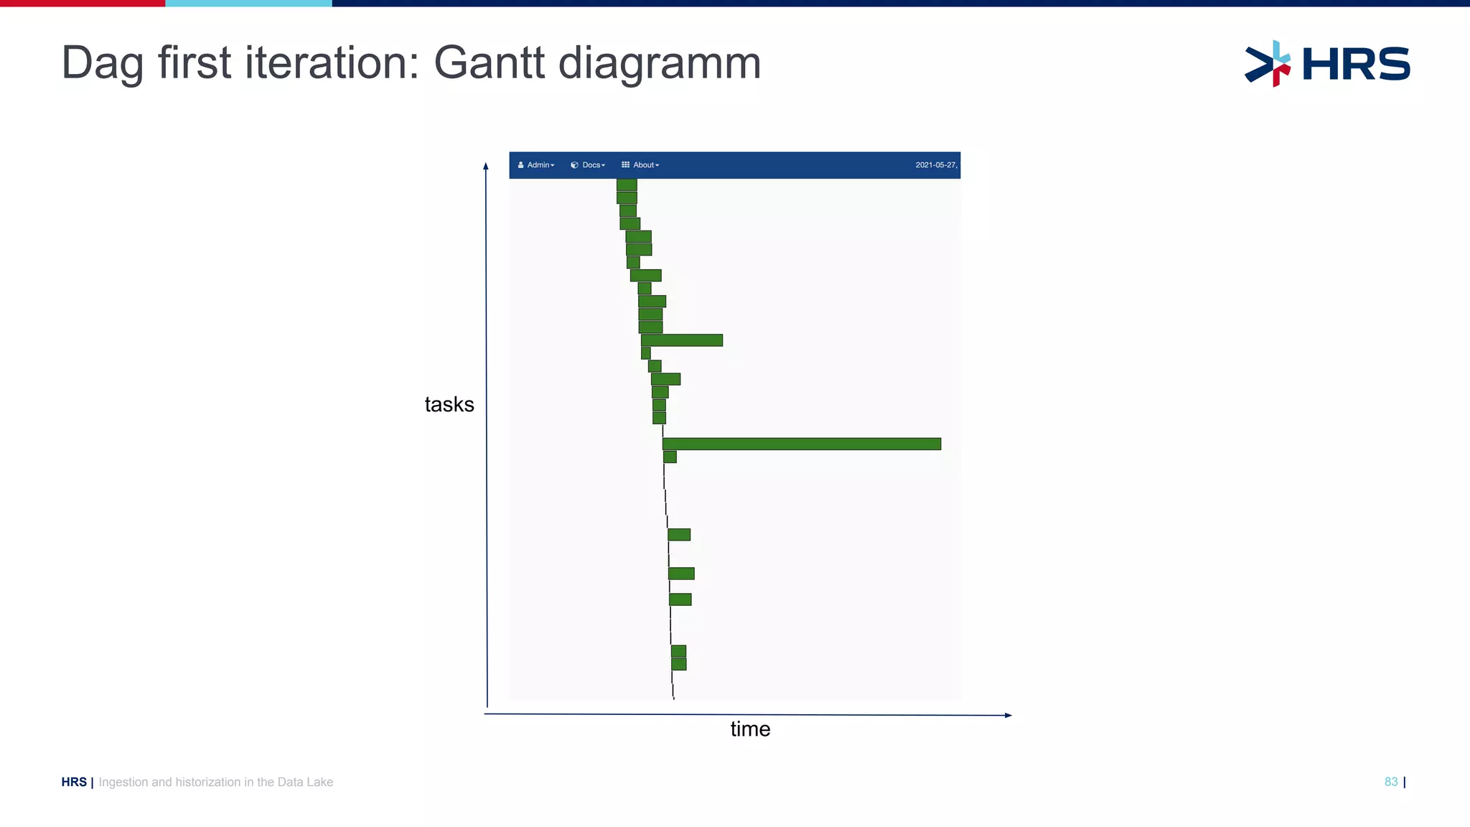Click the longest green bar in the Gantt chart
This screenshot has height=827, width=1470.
point(801,444)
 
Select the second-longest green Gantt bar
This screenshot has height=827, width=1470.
point(682,340)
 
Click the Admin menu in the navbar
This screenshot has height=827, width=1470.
point(537,165)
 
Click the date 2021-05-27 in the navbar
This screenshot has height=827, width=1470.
point(936,165)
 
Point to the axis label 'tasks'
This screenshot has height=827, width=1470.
point(449,405)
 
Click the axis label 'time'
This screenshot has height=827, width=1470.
point(750,729)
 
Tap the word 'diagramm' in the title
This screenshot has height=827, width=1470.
point(660,63)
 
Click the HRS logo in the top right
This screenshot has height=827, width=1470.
point(1327,64)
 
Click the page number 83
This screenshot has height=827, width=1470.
point(1391,782)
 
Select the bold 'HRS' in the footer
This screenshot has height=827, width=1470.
point(74,782)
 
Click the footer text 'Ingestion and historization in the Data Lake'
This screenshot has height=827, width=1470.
point(216,782)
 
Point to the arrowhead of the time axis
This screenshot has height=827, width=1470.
point(1008,715)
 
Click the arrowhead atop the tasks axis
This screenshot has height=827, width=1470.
point(486,166)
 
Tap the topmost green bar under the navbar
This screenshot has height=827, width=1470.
point(627,184)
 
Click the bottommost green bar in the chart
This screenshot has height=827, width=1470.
point(678,664)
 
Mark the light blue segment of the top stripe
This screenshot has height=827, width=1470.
point(248,4)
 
